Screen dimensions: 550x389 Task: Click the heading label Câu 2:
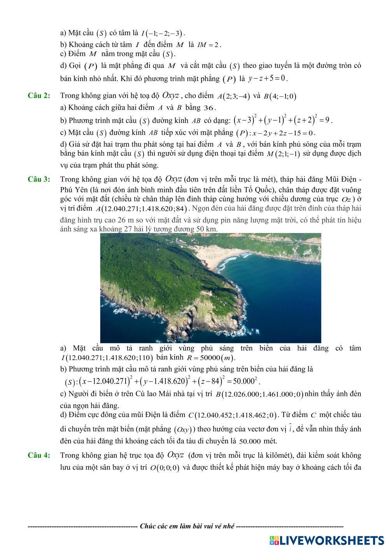coord(39,96)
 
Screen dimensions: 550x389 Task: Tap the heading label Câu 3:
coord(39,179)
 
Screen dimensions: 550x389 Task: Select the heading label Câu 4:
coord(39,455)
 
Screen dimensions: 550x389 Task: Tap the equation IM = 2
coord(209,45)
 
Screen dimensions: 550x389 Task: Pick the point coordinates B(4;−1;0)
coord(280,96)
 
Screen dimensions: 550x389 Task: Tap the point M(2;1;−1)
coord(283,154)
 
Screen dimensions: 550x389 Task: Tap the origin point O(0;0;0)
coord(165,468)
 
